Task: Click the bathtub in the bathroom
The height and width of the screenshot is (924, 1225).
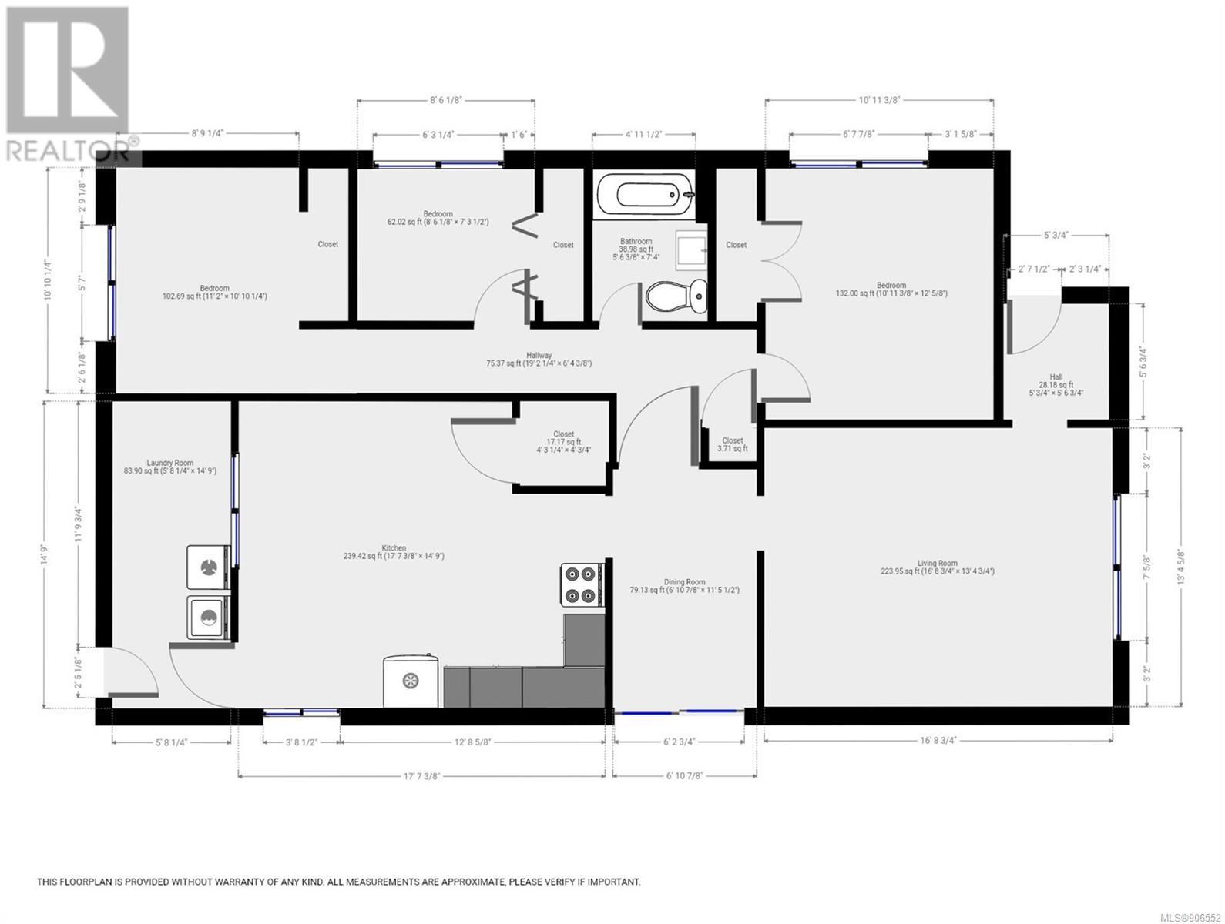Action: pyautogui.click(x=646, y=196)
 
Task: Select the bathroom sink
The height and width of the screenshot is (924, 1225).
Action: pyautogui.click(x=691, y=250)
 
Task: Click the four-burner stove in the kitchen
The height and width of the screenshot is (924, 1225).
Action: pyautogui.click(x=582, y=585)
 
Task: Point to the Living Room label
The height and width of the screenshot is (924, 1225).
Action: pyautogui.click(x=937, y=567)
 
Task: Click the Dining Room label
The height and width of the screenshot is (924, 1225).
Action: pyautogui.click(x=684, y=585)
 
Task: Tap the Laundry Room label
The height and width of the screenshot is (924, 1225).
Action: pyautogui.click(x=170, y=467)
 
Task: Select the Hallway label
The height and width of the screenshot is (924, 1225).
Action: pyautogui.click(x=539, y=359)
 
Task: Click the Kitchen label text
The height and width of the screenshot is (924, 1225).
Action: pyautogui.click(x=394, y=548)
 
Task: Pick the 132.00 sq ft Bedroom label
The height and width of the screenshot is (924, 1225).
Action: pyautogui.click(x=891, y=289)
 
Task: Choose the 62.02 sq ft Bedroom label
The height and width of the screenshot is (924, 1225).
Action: pyautogui.click(x=438, y=217)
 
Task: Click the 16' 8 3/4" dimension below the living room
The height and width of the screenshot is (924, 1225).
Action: pyautogui.click(x=938, y=741)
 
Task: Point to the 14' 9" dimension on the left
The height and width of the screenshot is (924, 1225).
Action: pyautogui.click(x=44, y=554)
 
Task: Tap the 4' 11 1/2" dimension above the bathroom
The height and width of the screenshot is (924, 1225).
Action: pyautogui.click(x=643, y=135)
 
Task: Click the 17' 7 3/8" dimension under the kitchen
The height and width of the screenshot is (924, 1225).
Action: pyautogui.click(x=421, y=775)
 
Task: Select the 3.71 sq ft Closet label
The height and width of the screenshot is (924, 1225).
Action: pyautogui.click(x=732, y=444)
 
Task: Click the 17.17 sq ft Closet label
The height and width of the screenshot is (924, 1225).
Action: pyautogui.click(x=564, y=442)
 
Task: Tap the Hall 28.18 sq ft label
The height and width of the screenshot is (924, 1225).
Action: pyautogui.click(x=1056, y=385)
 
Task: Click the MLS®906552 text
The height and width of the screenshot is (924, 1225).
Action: pyautogui.click(x=1186, y=917)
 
